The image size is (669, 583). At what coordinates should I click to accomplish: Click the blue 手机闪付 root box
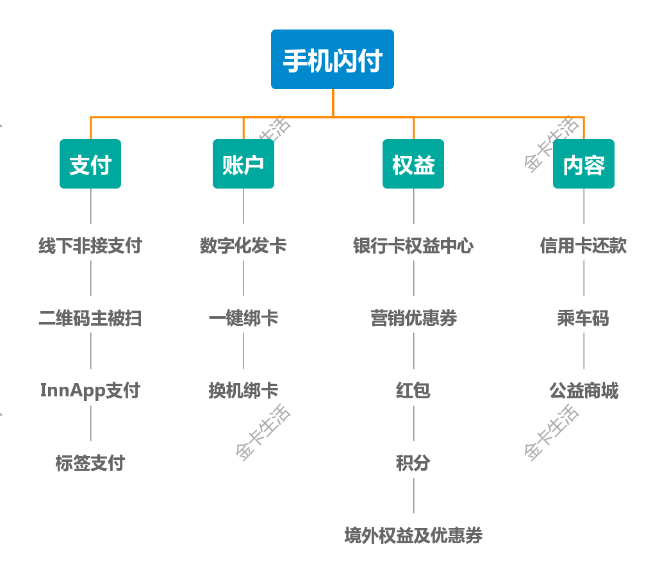click(333, 60)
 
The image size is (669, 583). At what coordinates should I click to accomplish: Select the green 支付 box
click(90, 164)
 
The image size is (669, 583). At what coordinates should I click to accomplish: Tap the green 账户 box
click(244, 164)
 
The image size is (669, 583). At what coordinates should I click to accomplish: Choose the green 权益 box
click(413, 164)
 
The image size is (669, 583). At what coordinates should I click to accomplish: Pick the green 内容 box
click(584, 164)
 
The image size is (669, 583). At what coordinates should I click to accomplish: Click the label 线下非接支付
click(90, 246)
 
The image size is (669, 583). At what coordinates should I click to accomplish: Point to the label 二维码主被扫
click(90, 318)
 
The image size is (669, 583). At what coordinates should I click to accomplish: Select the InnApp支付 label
click(90, 391)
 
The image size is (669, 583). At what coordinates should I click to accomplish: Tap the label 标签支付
click(90, 463)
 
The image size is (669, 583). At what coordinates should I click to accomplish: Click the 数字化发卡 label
click(244, 246)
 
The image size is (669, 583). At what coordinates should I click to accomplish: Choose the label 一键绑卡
click(244, 318)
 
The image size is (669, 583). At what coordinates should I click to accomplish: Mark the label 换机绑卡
click(244, 391)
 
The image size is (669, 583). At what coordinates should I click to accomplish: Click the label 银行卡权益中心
click(413, 246)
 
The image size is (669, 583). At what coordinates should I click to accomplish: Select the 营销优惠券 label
click(413, 318)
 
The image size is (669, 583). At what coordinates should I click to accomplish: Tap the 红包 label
click(413, 391)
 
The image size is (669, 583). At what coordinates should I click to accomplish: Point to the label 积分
click(413, 463)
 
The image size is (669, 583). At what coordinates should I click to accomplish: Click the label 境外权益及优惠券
click(413, 536)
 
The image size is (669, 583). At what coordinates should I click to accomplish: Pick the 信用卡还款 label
click(584, 246)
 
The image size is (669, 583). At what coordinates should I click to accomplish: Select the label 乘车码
click(584, 318)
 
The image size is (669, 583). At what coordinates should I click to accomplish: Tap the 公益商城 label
click(584, 391)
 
